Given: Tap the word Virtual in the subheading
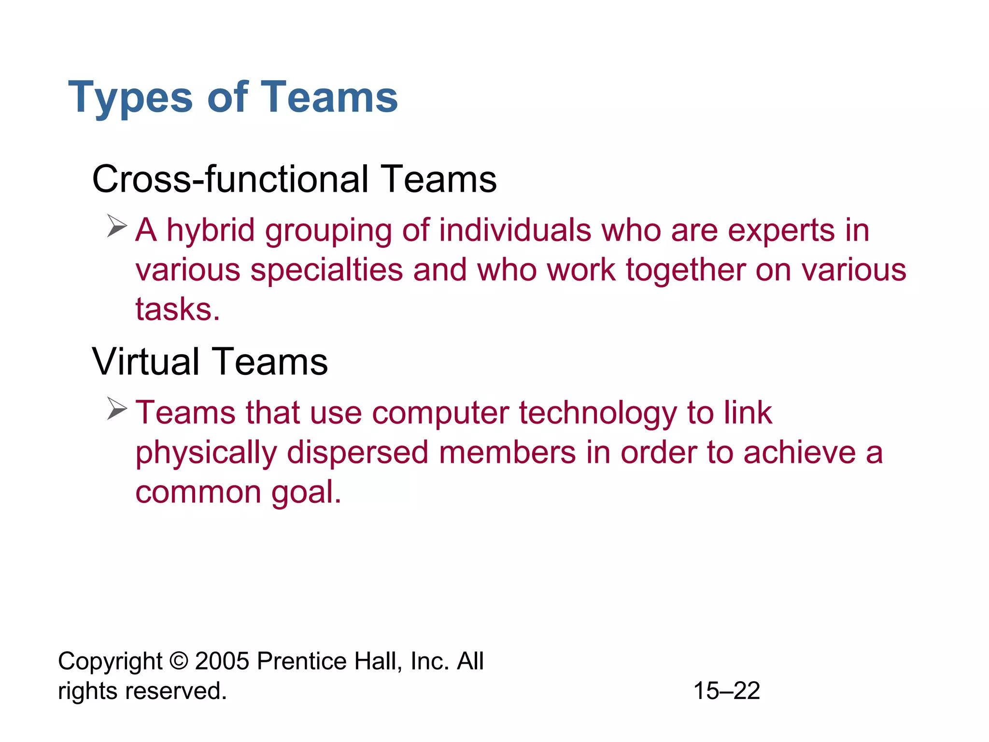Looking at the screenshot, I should (145, 362).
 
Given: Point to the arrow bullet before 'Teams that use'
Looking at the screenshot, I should (117, 409).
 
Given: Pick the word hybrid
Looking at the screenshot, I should (211, 230).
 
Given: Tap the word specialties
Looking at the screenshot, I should (326, 270).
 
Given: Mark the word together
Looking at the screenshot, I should (686, 270).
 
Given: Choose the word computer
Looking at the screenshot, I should (440, 414).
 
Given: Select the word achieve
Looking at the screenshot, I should (799, 453).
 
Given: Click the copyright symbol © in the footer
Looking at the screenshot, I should (179, 661).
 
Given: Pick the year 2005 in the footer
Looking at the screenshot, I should (222, 661).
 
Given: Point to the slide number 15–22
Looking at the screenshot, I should (726, 691).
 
